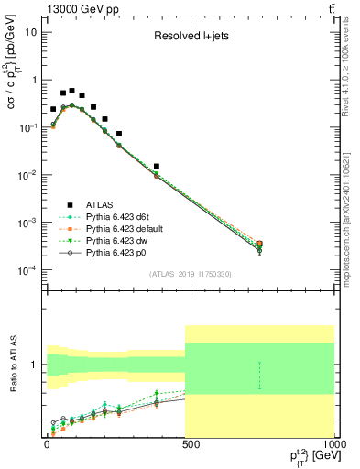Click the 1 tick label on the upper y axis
[x=33, y=80]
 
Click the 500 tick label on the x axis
[x=187, y=445]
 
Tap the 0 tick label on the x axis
[x=46, y=445]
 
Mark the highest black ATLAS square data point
[x=71, y=91]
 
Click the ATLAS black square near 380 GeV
[x=157, y=167]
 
